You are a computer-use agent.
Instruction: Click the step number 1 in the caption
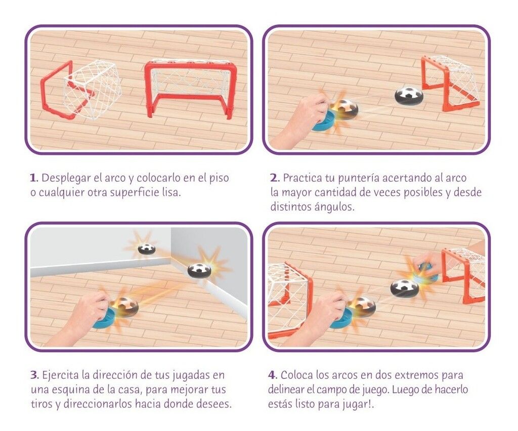(x=33, y=178)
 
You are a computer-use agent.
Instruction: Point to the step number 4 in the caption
(x=272, y=375)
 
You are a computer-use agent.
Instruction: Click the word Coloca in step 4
(x=296, y=375)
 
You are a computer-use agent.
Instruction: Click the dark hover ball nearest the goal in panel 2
(x=406, y=95)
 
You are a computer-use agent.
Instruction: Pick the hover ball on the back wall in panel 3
(x=146, y=248)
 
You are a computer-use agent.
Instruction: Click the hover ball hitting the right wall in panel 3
(x=199, y=270)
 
